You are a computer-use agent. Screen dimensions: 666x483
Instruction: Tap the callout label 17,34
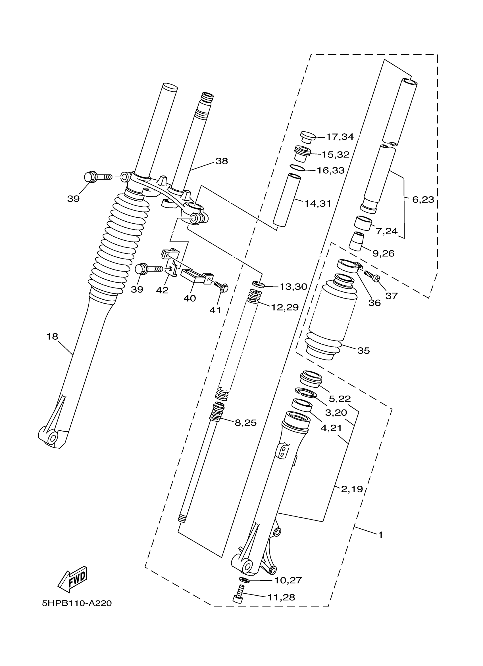[x=340, y=137]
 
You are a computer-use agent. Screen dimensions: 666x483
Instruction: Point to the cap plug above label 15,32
[x=307, y=137]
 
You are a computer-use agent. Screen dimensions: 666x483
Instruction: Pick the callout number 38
[x=222, y=161]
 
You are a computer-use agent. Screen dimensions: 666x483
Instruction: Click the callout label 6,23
[x=423, y=200]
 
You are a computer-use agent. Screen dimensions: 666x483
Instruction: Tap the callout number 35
[x=364, y=350]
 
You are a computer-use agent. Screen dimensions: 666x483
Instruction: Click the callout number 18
[x=52, y=337]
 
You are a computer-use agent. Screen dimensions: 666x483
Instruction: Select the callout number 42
[x=162, y=290]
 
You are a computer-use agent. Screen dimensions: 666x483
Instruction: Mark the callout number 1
[x=380, y=535]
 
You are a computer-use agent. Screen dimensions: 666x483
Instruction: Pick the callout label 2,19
[x=352, y=489]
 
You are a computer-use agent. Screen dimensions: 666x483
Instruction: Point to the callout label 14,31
[x=317, y=203]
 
